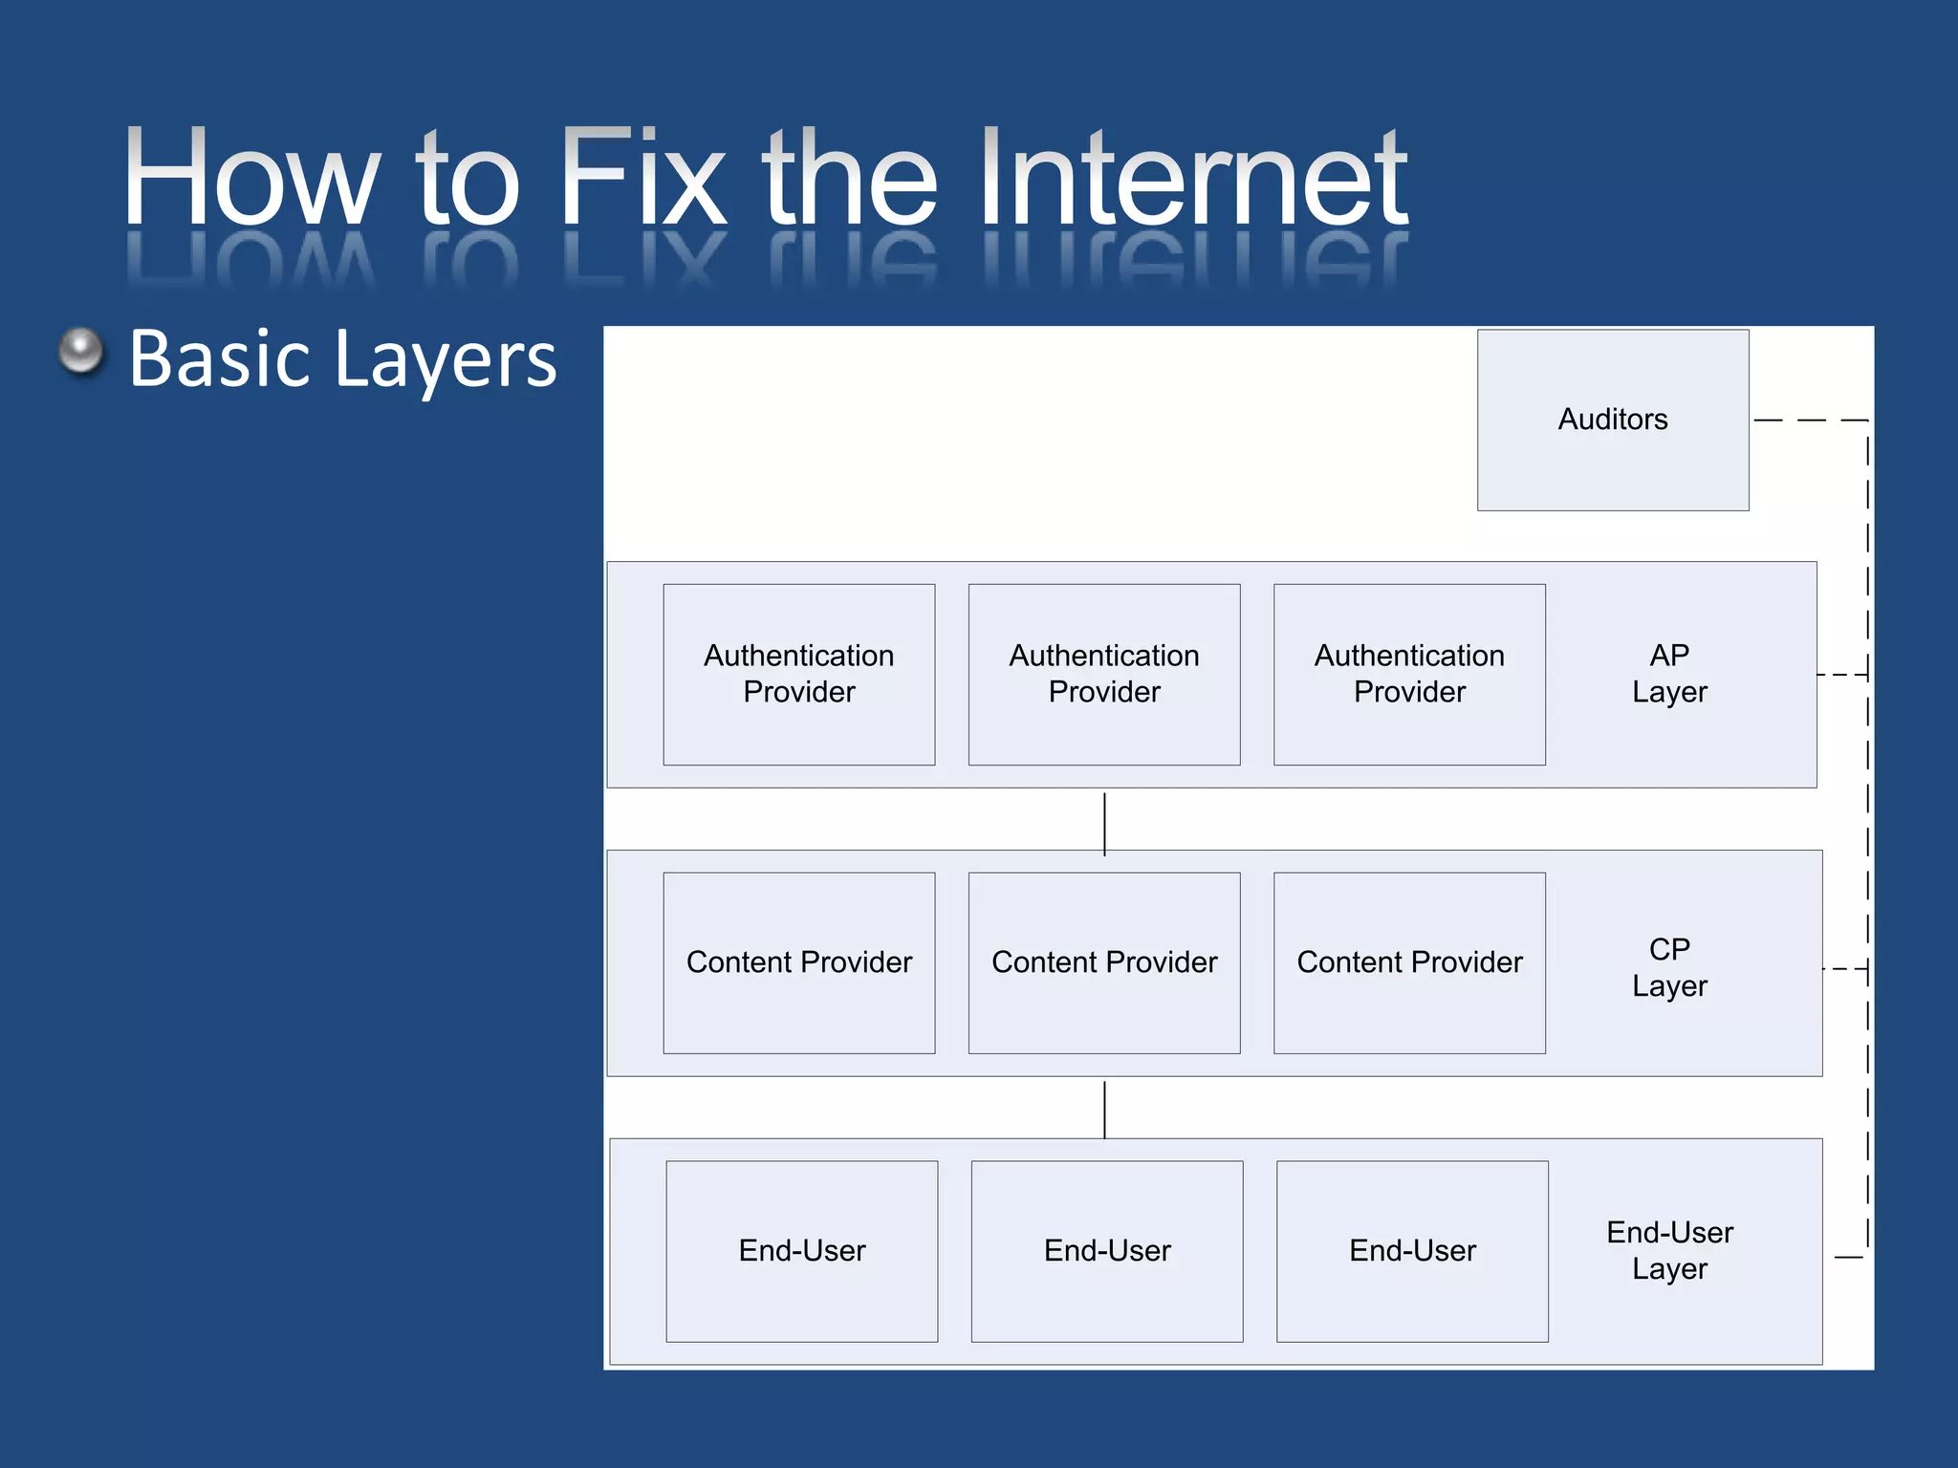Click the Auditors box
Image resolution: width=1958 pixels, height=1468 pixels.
(1613, 420)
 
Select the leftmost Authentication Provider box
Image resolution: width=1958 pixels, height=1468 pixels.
(799, 674)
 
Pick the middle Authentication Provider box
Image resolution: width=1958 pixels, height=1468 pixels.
(1104, 674)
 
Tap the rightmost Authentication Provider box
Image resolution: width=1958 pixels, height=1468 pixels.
(1409, 674)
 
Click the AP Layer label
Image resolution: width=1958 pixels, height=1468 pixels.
(1669, 674)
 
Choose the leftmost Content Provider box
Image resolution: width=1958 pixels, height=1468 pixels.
(799, 962)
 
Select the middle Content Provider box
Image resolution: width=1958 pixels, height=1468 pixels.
(1104, 962)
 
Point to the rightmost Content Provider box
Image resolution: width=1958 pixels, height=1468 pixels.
(1409, 962)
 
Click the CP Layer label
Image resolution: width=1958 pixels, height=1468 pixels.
(1669, 967)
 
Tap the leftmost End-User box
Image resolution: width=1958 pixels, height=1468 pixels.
(801, 1251)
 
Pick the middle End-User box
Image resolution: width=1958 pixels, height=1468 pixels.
(1107, 1251)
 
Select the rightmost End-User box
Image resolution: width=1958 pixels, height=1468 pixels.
(1412, 1251)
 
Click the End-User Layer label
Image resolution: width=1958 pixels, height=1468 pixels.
(1669, 1250)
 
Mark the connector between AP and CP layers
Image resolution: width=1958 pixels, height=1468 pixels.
(1104, 823)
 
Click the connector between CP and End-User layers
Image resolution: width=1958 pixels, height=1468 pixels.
(1104, 1110)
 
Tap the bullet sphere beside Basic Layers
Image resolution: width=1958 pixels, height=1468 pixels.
(81, 352)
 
